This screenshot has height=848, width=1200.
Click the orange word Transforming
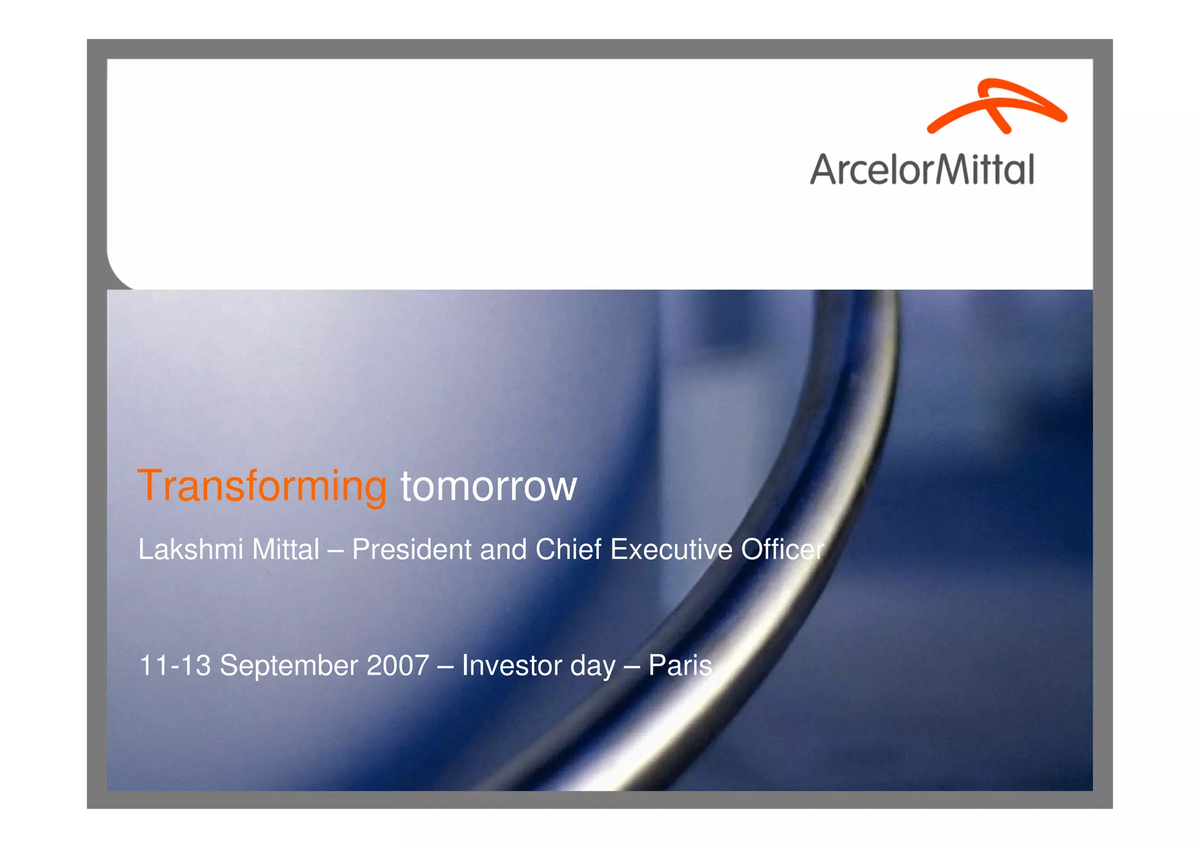[262, 486]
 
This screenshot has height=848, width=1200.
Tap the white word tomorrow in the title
[489, 487]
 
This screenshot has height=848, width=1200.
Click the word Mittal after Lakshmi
[285, 550]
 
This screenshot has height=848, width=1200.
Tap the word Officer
[782, 550]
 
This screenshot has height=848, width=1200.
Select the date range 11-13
[175, 666]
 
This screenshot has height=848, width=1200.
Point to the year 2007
[398, 666]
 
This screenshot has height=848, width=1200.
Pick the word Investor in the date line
[509, 666]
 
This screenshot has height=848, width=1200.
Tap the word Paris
[680, 666]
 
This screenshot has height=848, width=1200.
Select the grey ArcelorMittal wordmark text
[922, 170]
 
